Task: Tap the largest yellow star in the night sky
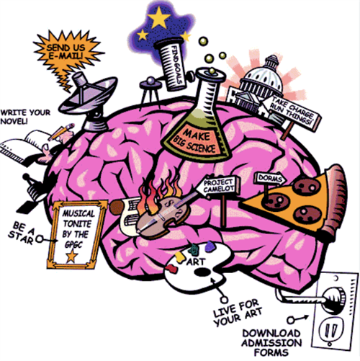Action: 159,17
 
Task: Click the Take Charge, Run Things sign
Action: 292,112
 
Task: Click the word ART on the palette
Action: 196,262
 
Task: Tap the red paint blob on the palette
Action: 172,269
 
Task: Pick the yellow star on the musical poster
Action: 72,256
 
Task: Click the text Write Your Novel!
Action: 25,117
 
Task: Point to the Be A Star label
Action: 22,233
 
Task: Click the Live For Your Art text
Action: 237,312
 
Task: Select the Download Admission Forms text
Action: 271,343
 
